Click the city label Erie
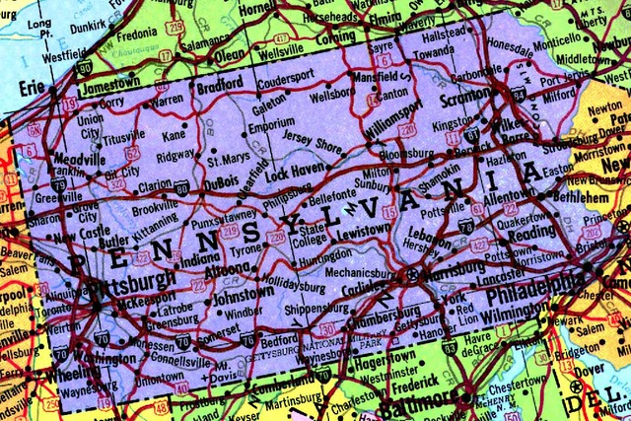(34, 88)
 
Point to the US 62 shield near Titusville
(132, 153)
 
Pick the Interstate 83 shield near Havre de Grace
(450, 347)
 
